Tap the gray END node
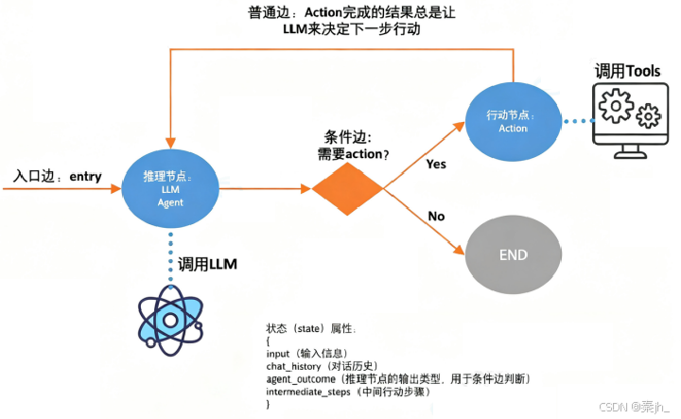[x=513, y=255]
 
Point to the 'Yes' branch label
[x=437, y=163]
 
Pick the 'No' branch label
[x=436, y=217]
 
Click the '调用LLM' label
[x=206, y=265]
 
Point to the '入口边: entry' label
[x=57, y=177]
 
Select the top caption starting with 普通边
[x=340, y=22]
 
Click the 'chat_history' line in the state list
[x=322, y=366]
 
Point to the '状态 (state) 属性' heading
[x=311, y=327]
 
